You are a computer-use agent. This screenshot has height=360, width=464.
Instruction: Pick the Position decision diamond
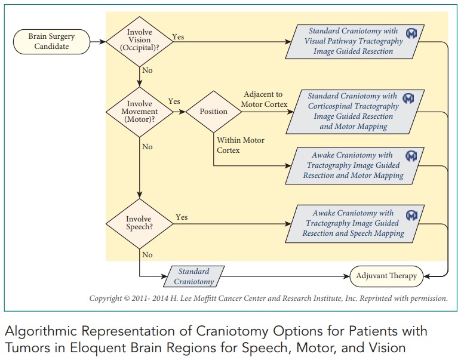(213, 112)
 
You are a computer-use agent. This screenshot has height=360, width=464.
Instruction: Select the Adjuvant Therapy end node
(386, 276)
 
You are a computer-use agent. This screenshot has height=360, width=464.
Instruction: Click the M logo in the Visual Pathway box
(411, 34)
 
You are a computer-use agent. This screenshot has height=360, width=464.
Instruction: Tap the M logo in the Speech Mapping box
(411, 215)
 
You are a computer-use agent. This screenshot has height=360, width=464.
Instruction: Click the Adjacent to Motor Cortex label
(264, 99)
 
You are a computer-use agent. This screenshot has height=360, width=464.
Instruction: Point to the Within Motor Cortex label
(240, 145)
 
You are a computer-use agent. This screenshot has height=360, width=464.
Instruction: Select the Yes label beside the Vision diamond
(178, 36)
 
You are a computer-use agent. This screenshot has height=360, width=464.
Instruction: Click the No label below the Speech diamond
(148, 255)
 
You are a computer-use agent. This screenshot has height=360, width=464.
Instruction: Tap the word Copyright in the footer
(108, 299)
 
